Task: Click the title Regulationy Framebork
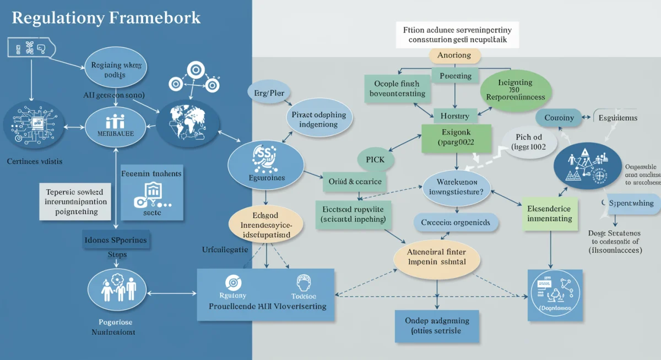pos(106,18)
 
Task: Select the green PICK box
pos(375,160)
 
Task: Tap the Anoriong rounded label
pos(454,55)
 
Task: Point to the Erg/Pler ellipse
pos(269,93)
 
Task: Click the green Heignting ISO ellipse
pos(515,90)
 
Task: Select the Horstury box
pos(454,116)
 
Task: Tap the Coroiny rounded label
pos(559,118)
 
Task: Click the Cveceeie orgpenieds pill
pos(456,222)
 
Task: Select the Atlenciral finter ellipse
pos(436,256)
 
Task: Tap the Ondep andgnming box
pos(437,325)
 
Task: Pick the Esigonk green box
pos(456,138)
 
